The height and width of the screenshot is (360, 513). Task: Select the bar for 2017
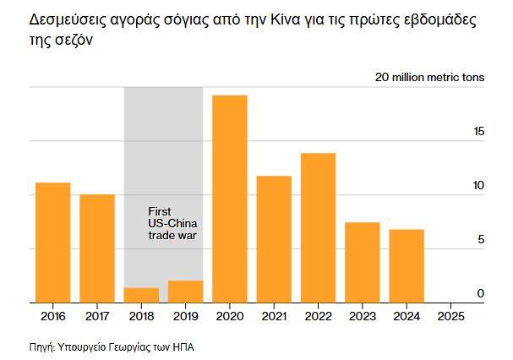tap(97, 248)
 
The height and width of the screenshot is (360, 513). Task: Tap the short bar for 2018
tap(141, 295)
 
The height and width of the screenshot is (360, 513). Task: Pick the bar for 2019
tap(185, 292)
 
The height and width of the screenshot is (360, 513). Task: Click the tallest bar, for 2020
tap(229, 199)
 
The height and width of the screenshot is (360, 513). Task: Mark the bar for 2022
tap(318, 227)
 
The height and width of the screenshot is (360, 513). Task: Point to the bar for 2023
tap(362, 262)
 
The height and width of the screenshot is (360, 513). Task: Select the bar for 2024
tap(407, 265)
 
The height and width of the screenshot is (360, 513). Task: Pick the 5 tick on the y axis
tap(481, 240)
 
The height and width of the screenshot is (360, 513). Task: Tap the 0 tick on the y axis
tap(481, 293)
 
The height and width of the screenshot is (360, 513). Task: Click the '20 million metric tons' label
tap(430, 77)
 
